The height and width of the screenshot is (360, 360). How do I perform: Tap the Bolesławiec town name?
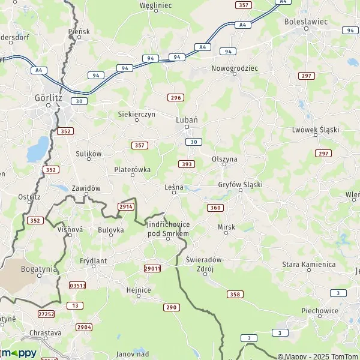(x=306, y=21)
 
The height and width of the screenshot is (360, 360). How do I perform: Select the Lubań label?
(x=186, y=119)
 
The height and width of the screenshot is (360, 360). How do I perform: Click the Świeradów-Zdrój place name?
(x=205, y=263)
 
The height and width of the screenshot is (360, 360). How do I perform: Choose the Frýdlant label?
(x=92, y=261)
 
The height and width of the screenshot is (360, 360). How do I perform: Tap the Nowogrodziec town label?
(x=234, y=68)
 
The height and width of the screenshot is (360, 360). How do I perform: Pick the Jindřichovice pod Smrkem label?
(x=168, y=228)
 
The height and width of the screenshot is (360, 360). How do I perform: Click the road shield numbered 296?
(x=175, y=97)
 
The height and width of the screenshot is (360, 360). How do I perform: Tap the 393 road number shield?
(x=186, y=164)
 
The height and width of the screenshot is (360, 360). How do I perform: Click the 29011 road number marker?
(x=152, y=268)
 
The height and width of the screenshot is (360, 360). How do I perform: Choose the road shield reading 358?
(x=235, y=294)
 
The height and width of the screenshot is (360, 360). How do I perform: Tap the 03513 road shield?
(x=77, y=286)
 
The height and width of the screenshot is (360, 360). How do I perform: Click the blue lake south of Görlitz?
(x=38, y=149)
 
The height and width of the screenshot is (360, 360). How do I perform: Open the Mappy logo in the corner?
(x=18, y=353)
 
